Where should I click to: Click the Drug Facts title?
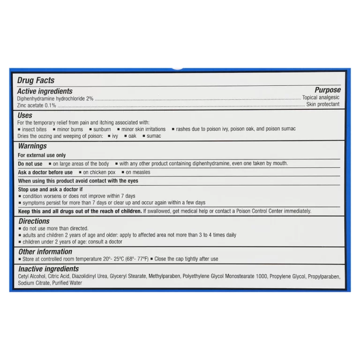pos(36,80)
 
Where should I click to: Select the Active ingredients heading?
pos(45,91)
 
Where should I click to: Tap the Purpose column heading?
pos(327,90)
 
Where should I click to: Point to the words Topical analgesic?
pos(321,97)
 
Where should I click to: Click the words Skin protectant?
pos(323,105)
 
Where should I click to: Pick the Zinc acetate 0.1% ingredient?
pos(37,105)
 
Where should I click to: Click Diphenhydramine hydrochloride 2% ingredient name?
pos(55,99)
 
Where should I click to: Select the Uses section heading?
pos(25,115)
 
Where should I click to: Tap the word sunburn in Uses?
pos(102,129)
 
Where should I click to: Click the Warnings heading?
pos(32,146)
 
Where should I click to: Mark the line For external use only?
pos(42,155)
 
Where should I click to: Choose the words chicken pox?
pos(99,172)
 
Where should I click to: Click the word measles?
pos(141,172)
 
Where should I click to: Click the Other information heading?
pos(45,252)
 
